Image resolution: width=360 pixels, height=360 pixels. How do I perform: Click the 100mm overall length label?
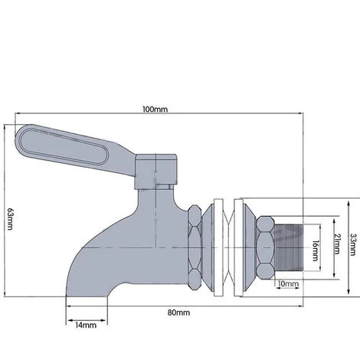tap(155, 110)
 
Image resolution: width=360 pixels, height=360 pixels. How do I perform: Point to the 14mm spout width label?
tap(86, 325)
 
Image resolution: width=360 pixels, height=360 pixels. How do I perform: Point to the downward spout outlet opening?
tap(87, 297)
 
